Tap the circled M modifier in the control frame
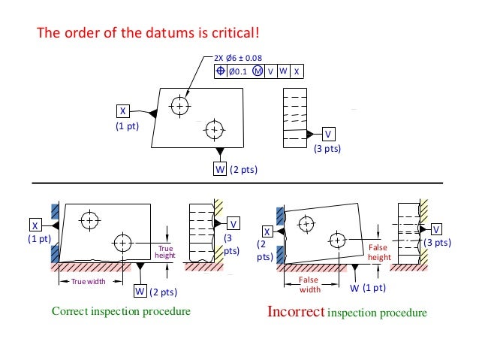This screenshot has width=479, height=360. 258,71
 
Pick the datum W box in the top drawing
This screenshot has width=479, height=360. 220,169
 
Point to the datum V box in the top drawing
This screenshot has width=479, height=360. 328,134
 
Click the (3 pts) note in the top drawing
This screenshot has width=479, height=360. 327,149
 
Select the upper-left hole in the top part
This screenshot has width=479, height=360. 179,106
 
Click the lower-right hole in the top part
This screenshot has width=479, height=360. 215,129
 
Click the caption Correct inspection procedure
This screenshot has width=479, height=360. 120,310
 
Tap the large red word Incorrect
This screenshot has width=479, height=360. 296,310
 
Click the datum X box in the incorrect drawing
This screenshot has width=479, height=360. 267,231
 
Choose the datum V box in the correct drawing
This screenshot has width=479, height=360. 233,224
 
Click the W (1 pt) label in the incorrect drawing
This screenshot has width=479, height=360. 369,288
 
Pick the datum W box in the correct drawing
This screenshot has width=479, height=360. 140,291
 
